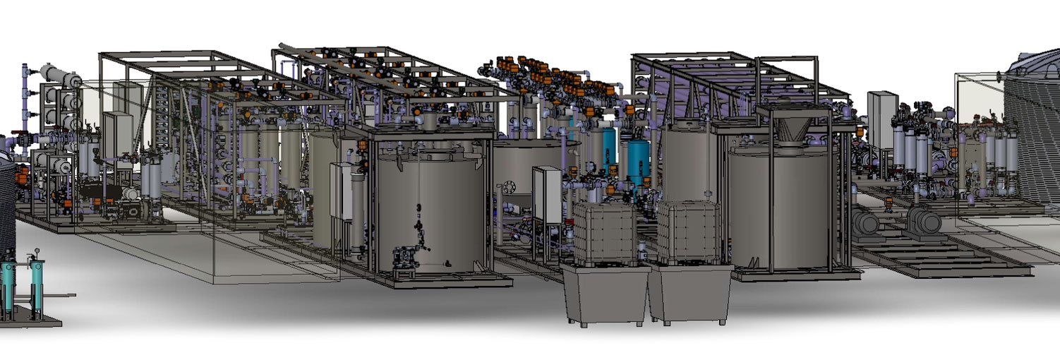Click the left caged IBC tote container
point(605,233)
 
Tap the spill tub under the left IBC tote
point(605,293)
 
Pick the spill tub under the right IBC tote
point(689,293)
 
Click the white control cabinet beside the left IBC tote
point(547,194)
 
